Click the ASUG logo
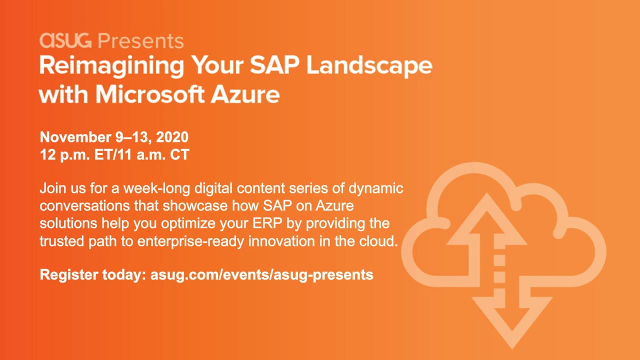65,40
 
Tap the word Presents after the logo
140,41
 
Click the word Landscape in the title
369,65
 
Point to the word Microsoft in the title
150,94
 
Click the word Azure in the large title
245,94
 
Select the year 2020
172,137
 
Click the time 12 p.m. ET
77,154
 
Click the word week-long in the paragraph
157,188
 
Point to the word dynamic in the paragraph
375,188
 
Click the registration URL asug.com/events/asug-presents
261,275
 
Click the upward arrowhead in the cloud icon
486,220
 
